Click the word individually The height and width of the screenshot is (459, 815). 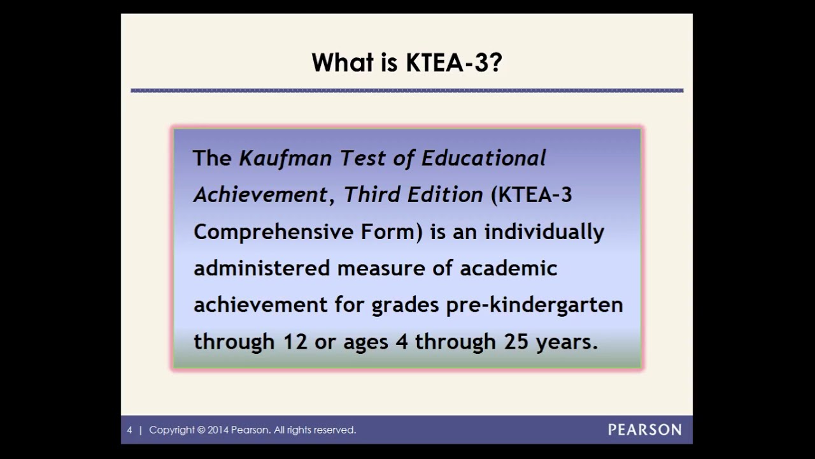(x=544, y=232)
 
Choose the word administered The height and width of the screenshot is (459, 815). (x=260, y=268)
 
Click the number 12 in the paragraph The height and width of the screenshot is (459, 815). (x=295, y=342)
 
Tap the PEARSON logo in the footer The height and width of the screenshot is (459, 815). (x=644, y=430)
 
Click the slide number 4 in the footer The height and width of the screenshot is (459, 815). (x=129, y=430)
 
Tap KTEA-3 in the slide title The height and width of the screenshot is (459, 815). (x=454, y=63)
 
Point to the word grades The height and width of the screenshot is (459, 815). (x=405, y=306)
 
